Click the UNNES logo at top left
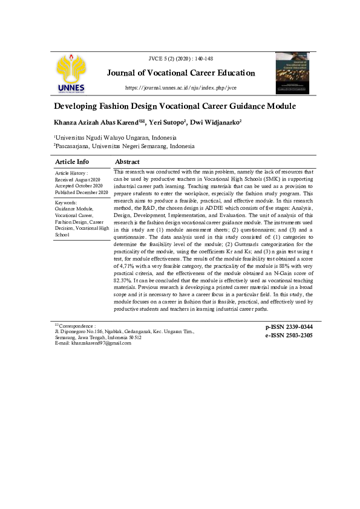(x=71, y=74)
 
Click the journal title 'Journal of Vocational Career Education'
(x=181, y=73)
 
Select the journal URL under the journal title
(x=180, y=88)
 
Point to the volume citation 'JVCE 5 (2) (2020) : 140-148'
(x=180, y=58)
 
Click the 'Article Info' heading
(x=72, y=161)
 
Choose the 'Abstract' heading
(x=127, y=161)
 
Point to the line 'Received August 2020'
(x=78, y=180)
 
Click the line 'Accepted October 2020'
(x=79, y=186)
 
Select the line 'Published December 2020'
(x=82, y=192)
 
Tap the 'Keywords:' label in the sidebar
(x=66, y=203)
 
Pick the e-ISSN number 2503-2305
(x=289, y=335)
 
